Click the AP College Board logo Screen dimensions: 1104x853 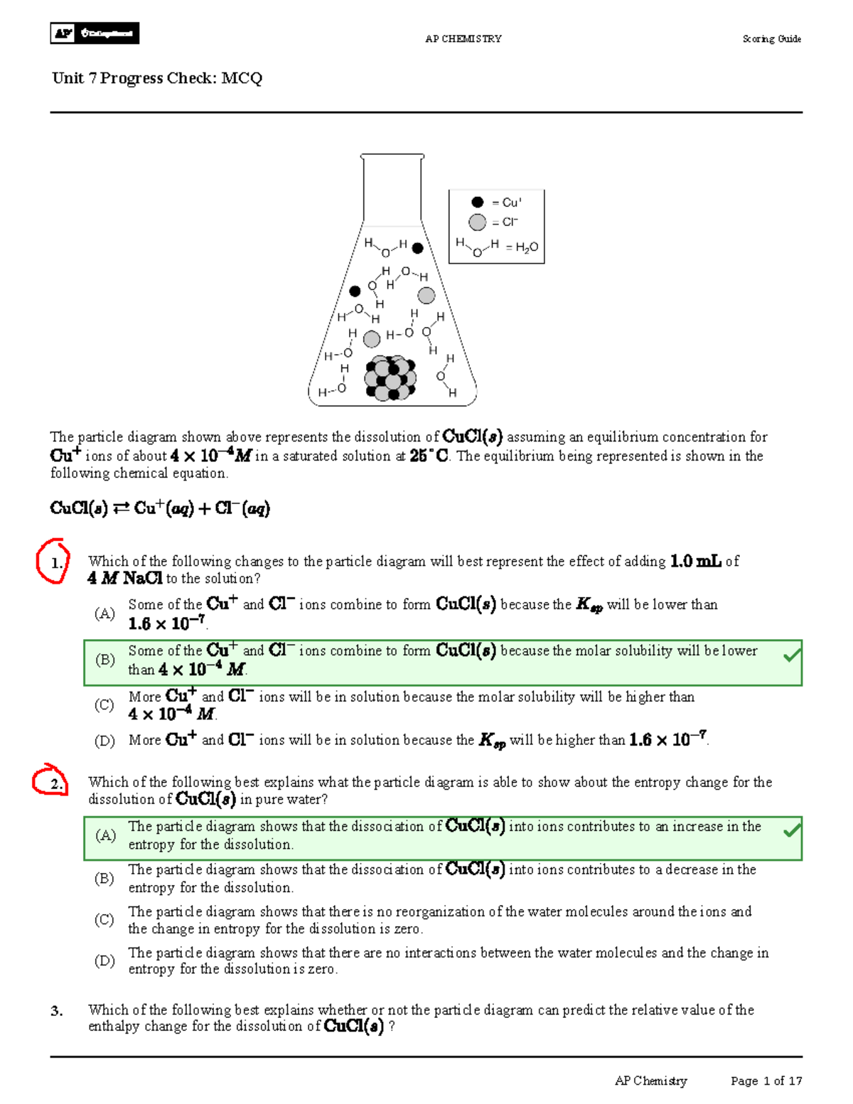[95, 33]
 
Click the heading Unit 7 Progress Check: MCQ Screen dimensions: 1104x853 [157, 78]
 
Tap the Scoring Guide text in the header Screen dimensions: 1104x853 [771, 39]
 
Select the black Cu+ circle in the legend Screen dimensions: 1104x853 [478, 203]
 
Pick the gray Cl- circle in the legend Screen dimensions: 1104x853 [477, 223]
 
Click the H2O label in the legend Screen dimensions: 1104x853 [527, 247]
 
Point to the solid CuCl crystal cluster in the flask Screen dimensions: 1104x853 [390, 379]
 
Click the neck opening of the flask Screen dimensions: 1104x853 [392, 156]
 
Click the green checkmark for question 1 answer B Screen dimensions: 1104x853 [792, 655]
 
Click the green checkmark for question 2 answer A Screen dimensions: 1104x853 [792, 830]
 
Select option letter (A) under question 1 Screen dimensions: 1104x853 [104, 613]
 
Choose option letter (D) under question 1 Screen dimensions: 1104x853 [104, 741]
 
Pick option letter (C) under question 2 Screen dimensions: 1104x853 [104, 919]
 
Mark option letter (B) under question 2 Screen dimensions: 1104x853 [104, 878]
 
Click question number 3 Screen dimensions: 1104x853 [57, 1011]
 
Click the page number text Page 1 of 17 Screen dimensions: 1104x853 [766, 1081]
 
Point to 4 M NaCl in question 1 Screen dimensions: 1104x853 [125, 579]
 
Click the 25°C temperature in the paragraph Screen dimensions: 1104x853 [429, 456]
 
